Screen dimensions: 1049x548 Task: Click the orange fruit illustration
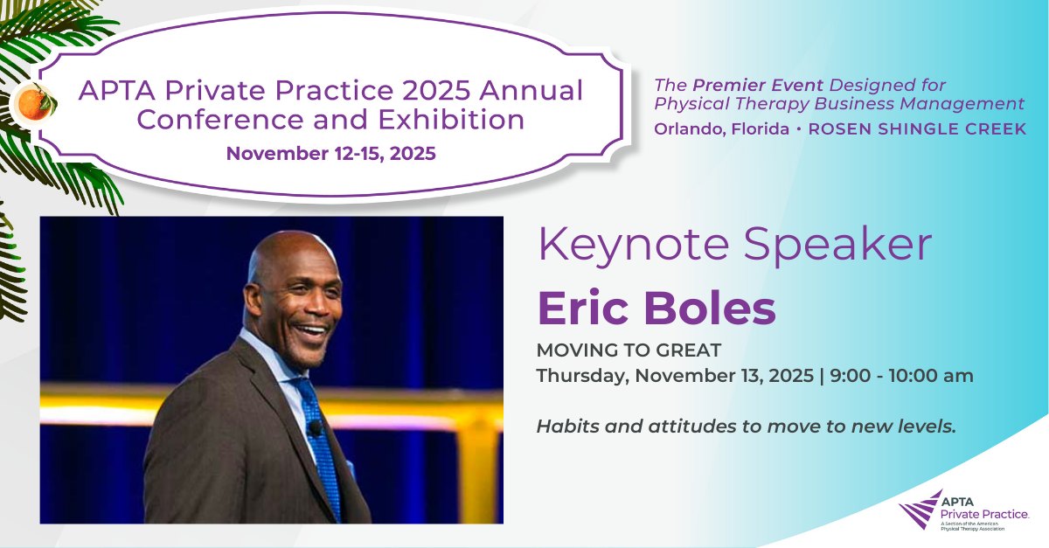point(34,103)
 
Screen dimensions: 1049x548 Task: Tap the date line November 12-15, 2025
point(331,154)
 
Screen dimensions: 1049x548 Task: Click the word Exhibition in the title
point(451,120)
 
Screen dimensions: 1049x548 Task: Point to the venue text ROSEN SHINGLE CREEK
point(917,128)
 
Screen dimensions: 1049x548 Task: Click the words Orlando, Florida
point(721,129)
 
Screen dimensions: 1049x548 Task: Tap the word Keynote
point(633,246)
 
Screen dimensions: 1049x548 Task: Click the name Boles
point(710,308)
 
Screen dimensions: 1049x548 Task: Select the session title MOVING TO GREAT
point(629,350)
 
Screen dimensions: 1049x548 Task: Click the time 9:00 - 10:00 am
point(901,376)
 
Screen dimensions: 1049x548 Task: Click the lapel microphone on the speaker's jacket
point(315,428)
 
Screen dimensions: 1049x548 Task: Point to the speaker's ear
point(254,302)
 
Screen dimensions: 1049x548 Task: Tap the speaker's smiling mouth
point(311,330)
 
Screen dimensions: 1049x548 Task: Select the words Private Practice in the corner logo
point(984,514)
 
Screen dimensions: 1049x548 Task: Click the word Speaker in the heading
point(837,246)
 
